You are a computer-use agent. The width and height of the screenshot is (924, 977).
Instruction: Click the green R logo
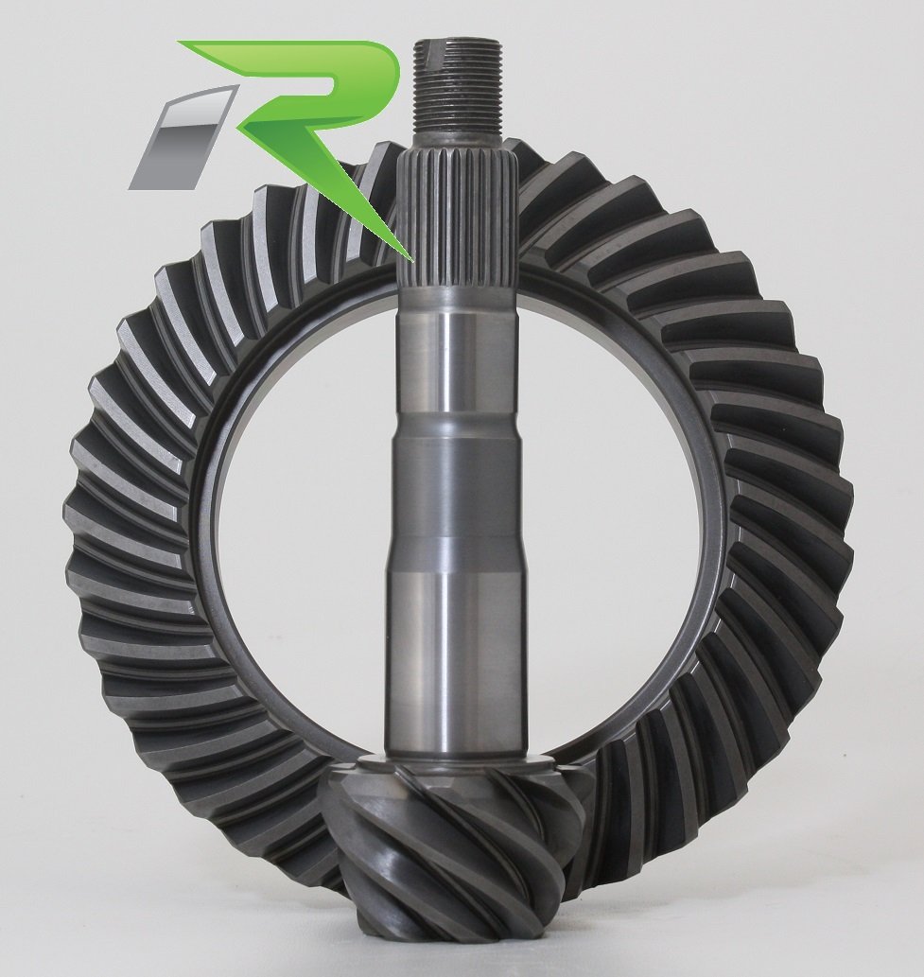[x=312, y=113]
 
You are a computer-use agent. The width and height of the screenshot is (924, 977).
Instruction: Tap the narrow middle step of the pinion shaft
[x=457, y=492]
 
